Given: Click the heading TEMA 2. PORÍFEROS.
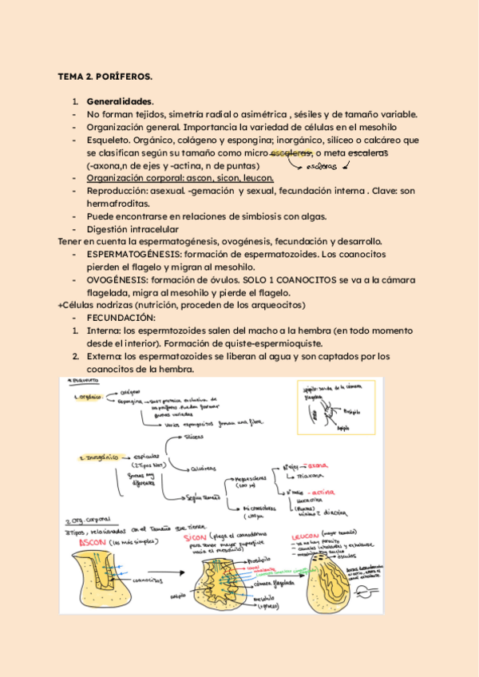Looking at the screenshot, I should coord(105,77).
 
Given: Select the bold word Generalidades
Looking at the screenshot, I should coord(119,103).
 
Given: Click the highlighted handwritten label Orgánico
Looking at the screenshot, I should coord(89,396).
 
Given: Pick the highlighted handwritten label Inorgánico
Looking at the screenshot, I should coord(98,458).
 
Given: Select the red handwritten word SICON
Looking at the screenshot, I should coord(196,539).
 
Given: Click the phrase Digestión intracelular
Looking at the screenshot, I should coord(133,229).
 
